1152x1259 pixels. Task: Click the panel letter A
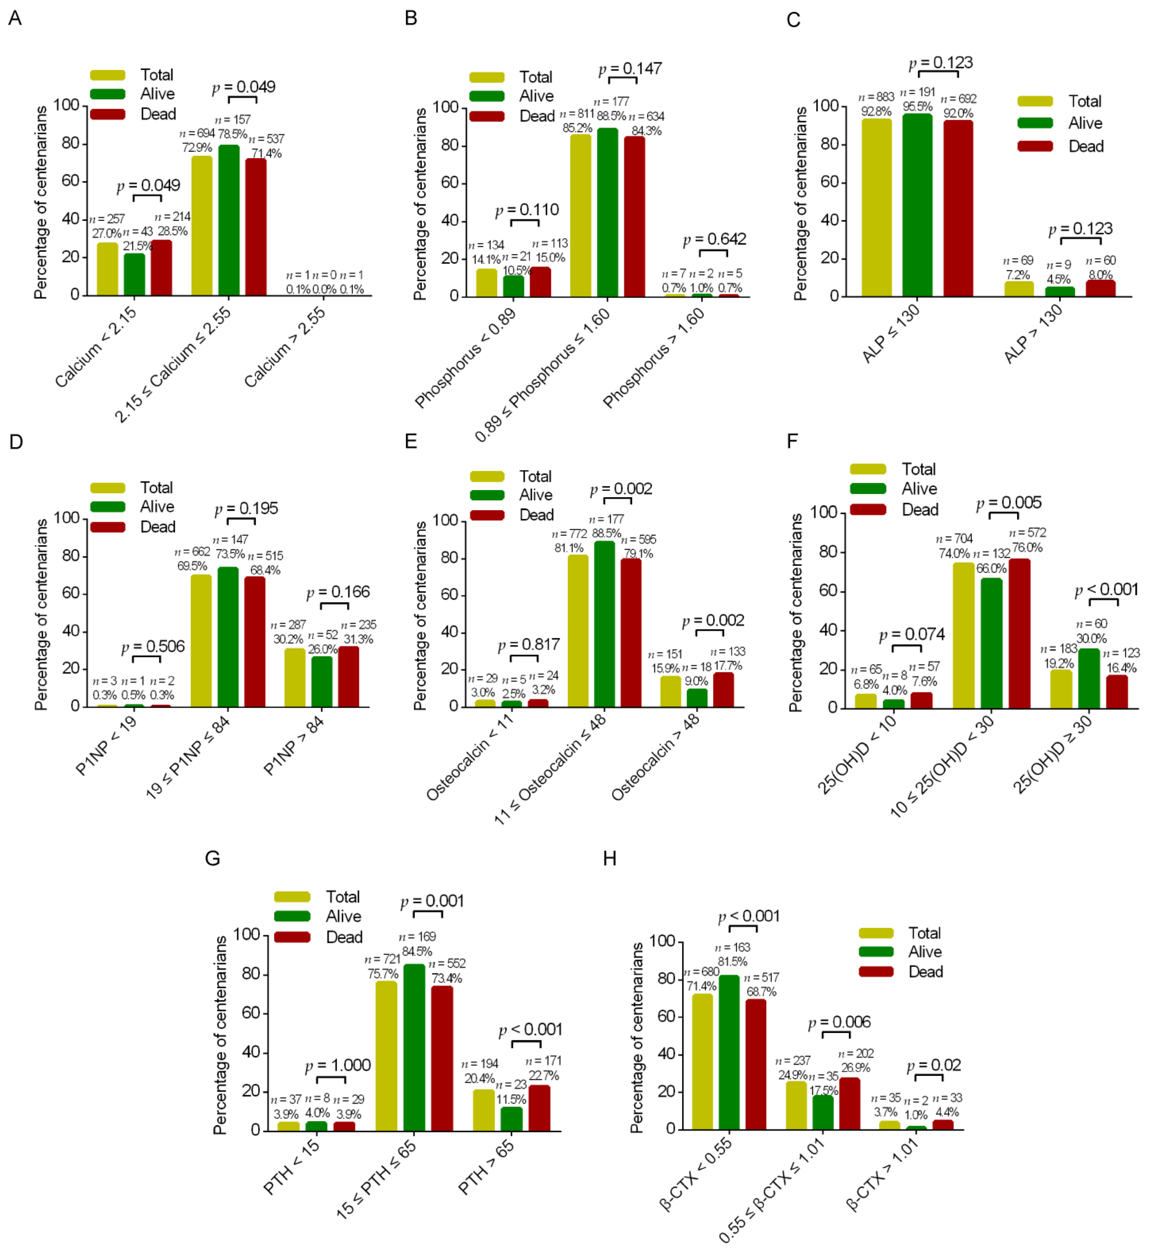15,18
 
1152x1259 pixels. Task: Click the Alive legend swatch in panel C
1035,123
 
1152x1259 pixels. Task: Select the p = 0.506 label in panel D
153,646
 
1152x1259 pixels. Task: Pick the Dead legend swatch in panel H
875,972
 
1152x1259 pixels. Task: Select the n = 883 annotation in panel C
876,97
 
